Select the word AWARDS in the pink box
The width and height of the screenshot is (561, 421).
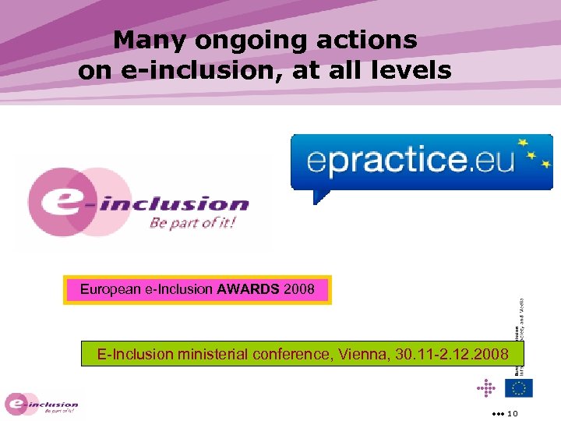[249, 290]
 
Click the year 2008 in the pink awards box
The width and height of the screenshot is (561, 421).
[300, 290]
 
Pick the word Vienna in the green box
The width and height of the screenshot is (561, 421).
[362, 355]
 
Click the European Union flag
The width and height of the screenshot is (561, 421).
[518, 387]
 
